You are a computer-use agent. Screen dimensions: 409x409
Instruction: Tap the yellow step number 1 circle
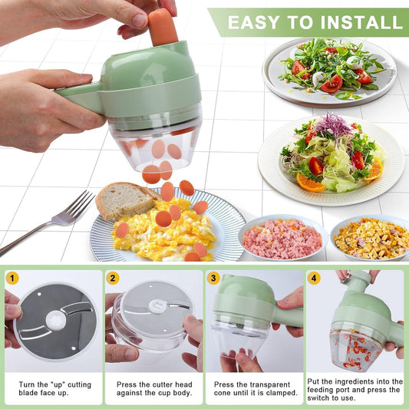(12, 279)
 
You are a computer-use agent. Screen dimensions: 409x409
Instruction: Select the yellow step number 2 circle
(113, 279)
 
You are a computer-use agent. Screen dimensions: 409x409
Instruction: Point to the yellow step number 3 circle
(214, 279)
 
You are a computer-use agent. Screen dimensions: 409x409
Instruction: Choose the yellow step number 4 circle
(314, 279)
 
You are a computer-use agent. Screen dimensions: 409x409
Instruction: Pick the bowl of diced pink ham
(282, 239)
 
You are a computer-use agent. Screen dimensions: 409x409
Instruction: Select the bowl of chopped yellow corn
(371, 238)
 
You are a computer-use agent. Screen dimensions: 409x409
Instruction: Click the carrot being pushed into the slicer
(162, 27)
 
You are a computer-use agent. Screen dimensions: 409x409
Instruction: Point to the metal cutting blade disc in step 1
(55, 320)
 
